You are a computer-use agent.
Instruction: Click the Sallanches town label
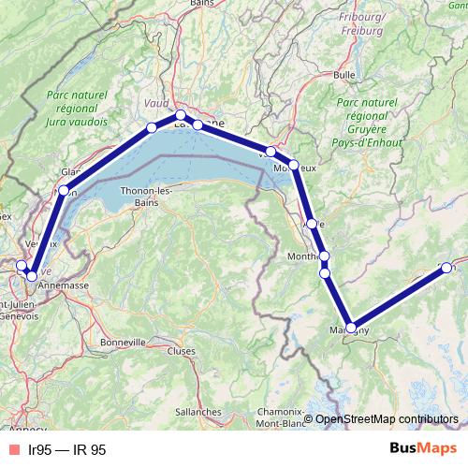[x=197, y=411]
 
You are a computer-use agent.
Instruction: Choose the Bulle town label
[x=344, y=74]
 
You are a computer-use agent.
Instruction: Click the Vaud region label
[x=154, y=104]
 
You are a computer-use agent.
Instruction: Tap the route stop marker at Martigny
[x=350, y=328]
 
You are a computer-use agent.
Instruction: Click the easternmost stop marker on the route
[x=446, y=269]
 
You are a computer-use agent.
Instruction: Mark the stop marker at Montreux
[x=293, y=165]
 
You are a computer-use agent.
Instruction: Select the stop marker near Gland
[x=64, y=190]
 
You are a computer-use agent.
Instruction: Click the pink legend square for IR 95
[x=12, y=449]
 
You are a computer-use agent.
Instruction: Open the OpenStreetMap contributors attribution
[x=387, y=419]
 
